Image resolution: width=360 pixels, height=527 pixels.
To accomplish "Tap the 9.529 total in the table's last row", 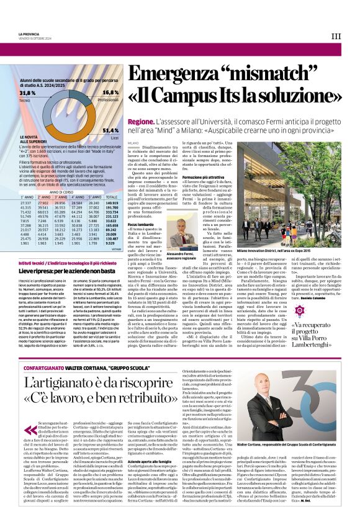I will (x=112, y=243).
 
